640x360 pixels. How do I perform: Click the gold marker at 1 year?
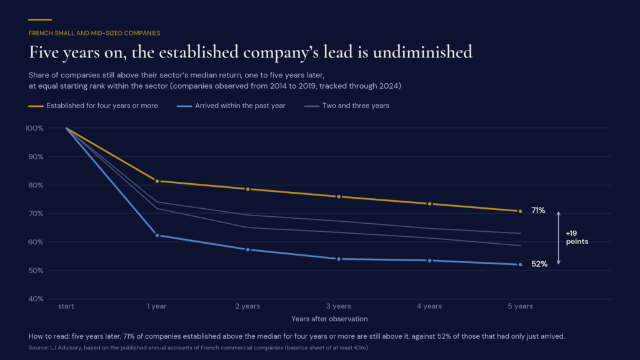point(157,181)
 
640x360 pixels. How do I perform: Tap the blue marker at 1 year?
point(157,236)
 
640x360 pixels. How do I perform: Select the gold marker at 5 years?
point(520,211)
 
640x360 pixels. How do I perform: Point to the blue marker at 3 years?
point(339,259)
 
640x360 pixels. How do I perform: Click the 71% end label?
point(538,211)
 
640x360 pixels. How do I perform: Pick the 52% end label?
point(539,264)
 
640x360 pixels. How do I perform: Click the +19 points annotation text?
point(577,237)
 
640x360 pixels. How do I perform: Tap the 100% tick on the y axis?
point(34,128)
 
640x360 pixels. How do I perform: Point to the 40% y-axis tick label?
point(36,299)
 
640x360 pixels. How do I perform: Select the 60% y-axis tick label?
point(36,242)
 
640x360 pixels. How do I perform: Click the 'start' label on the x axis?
point(66,306)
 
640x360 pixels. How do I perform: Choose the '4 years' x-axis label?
point(429,306)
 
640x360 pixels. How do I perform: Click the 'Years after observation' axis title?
point(329,319)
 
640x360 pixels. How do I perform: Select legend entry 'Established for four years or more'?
point(93,106)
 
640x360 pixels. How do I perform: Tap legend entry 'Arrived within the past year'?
point(231,106)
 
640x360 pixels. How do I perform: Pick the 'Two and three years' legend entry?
point(347,106)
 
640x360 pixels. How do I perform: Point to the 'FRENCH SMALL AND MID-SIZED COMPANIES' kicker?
point(94,33)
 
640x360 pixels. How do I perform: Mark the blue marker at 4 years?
point(430,261)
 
